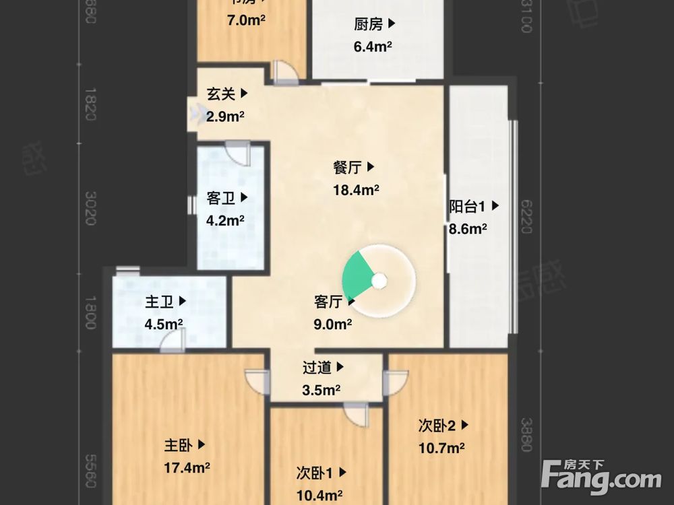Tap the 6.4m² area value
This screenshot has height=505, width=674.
(373, 47)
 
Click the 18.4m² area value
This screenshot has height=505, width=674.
(356, 190)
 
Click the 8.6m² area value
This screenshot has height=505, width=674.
(468, 229)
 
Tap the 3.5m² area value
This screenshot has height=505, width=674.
(321, 390)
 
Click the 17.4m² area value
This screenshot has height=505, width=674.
(187, 467)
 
